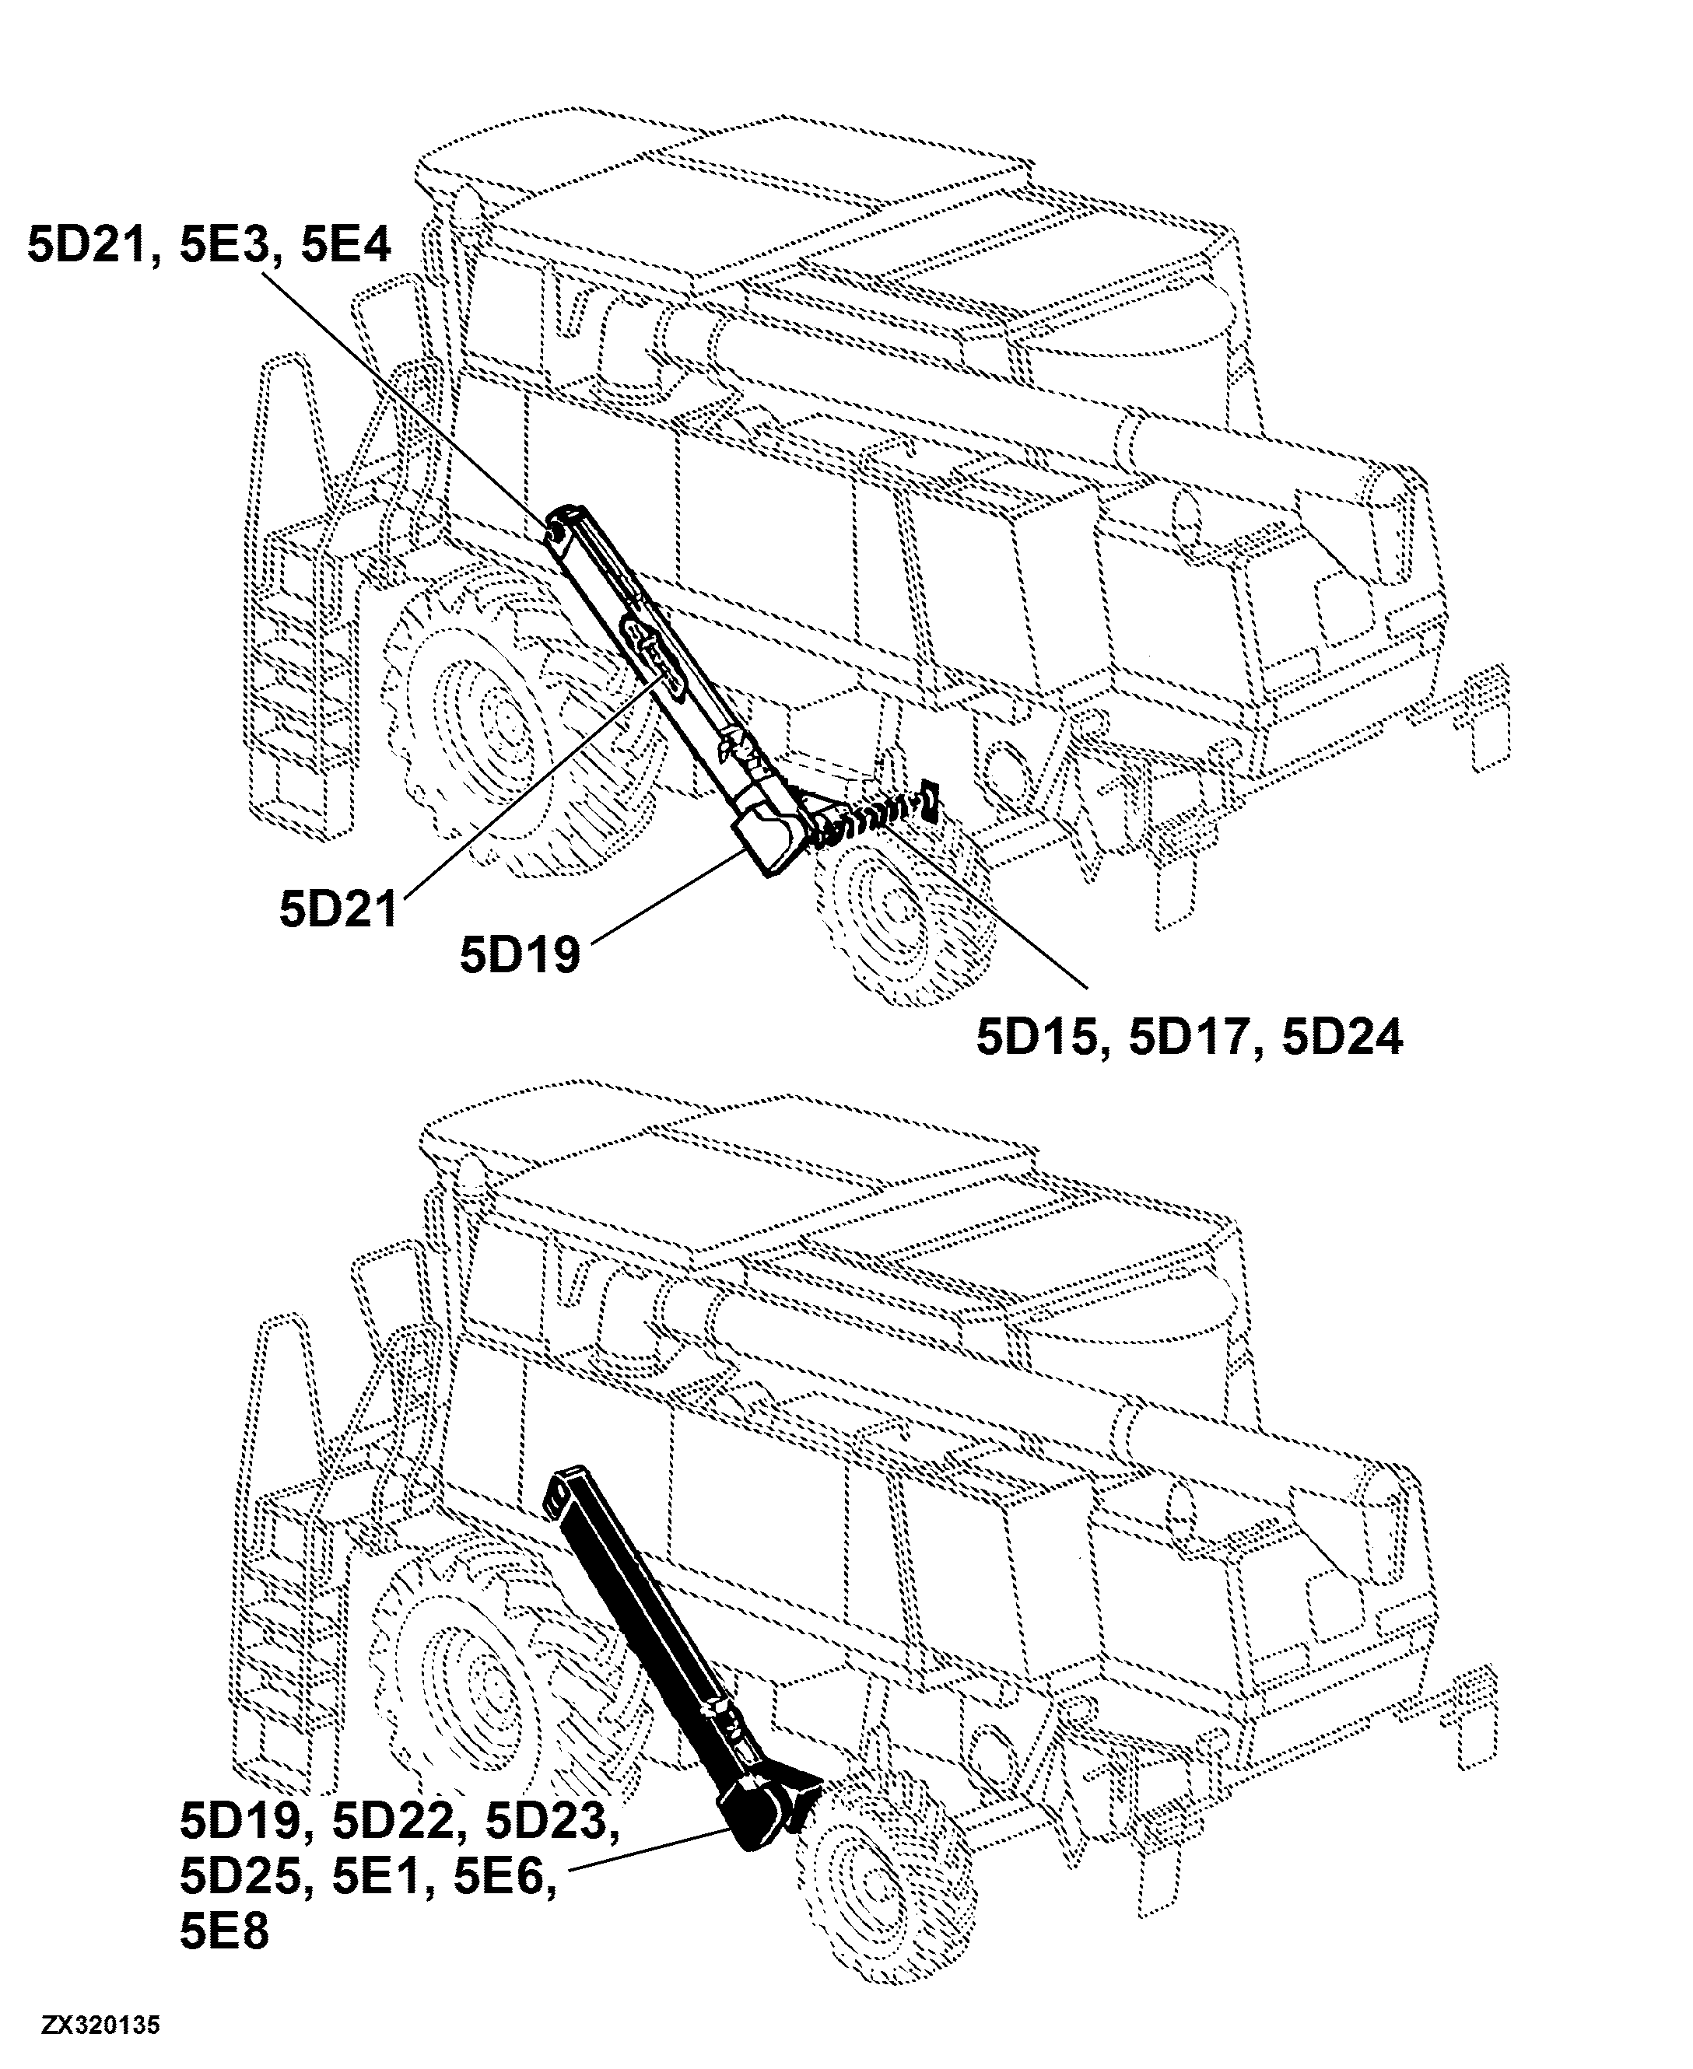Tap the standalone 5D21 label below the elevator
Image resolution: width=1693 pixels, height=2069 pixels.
point(338,910)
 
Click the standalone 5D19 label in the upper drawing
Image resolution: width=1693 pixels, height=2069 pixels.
point(520,954)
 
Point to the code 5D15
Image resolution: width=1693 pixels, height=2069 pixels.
point(1036,1038)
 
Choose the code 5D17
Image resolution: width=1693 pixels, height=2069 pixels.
point(1189,1038)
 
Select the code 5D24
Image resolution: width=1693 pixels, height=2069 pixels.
point(1342,1038)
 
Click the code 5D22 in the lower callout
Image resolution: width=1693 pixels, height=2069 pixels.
point(392,1822)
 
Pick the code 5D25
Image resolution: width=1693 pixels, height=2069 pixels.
point(240,1877)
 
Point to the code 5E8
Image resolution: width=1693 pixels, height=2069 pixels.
point(224,1931)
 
